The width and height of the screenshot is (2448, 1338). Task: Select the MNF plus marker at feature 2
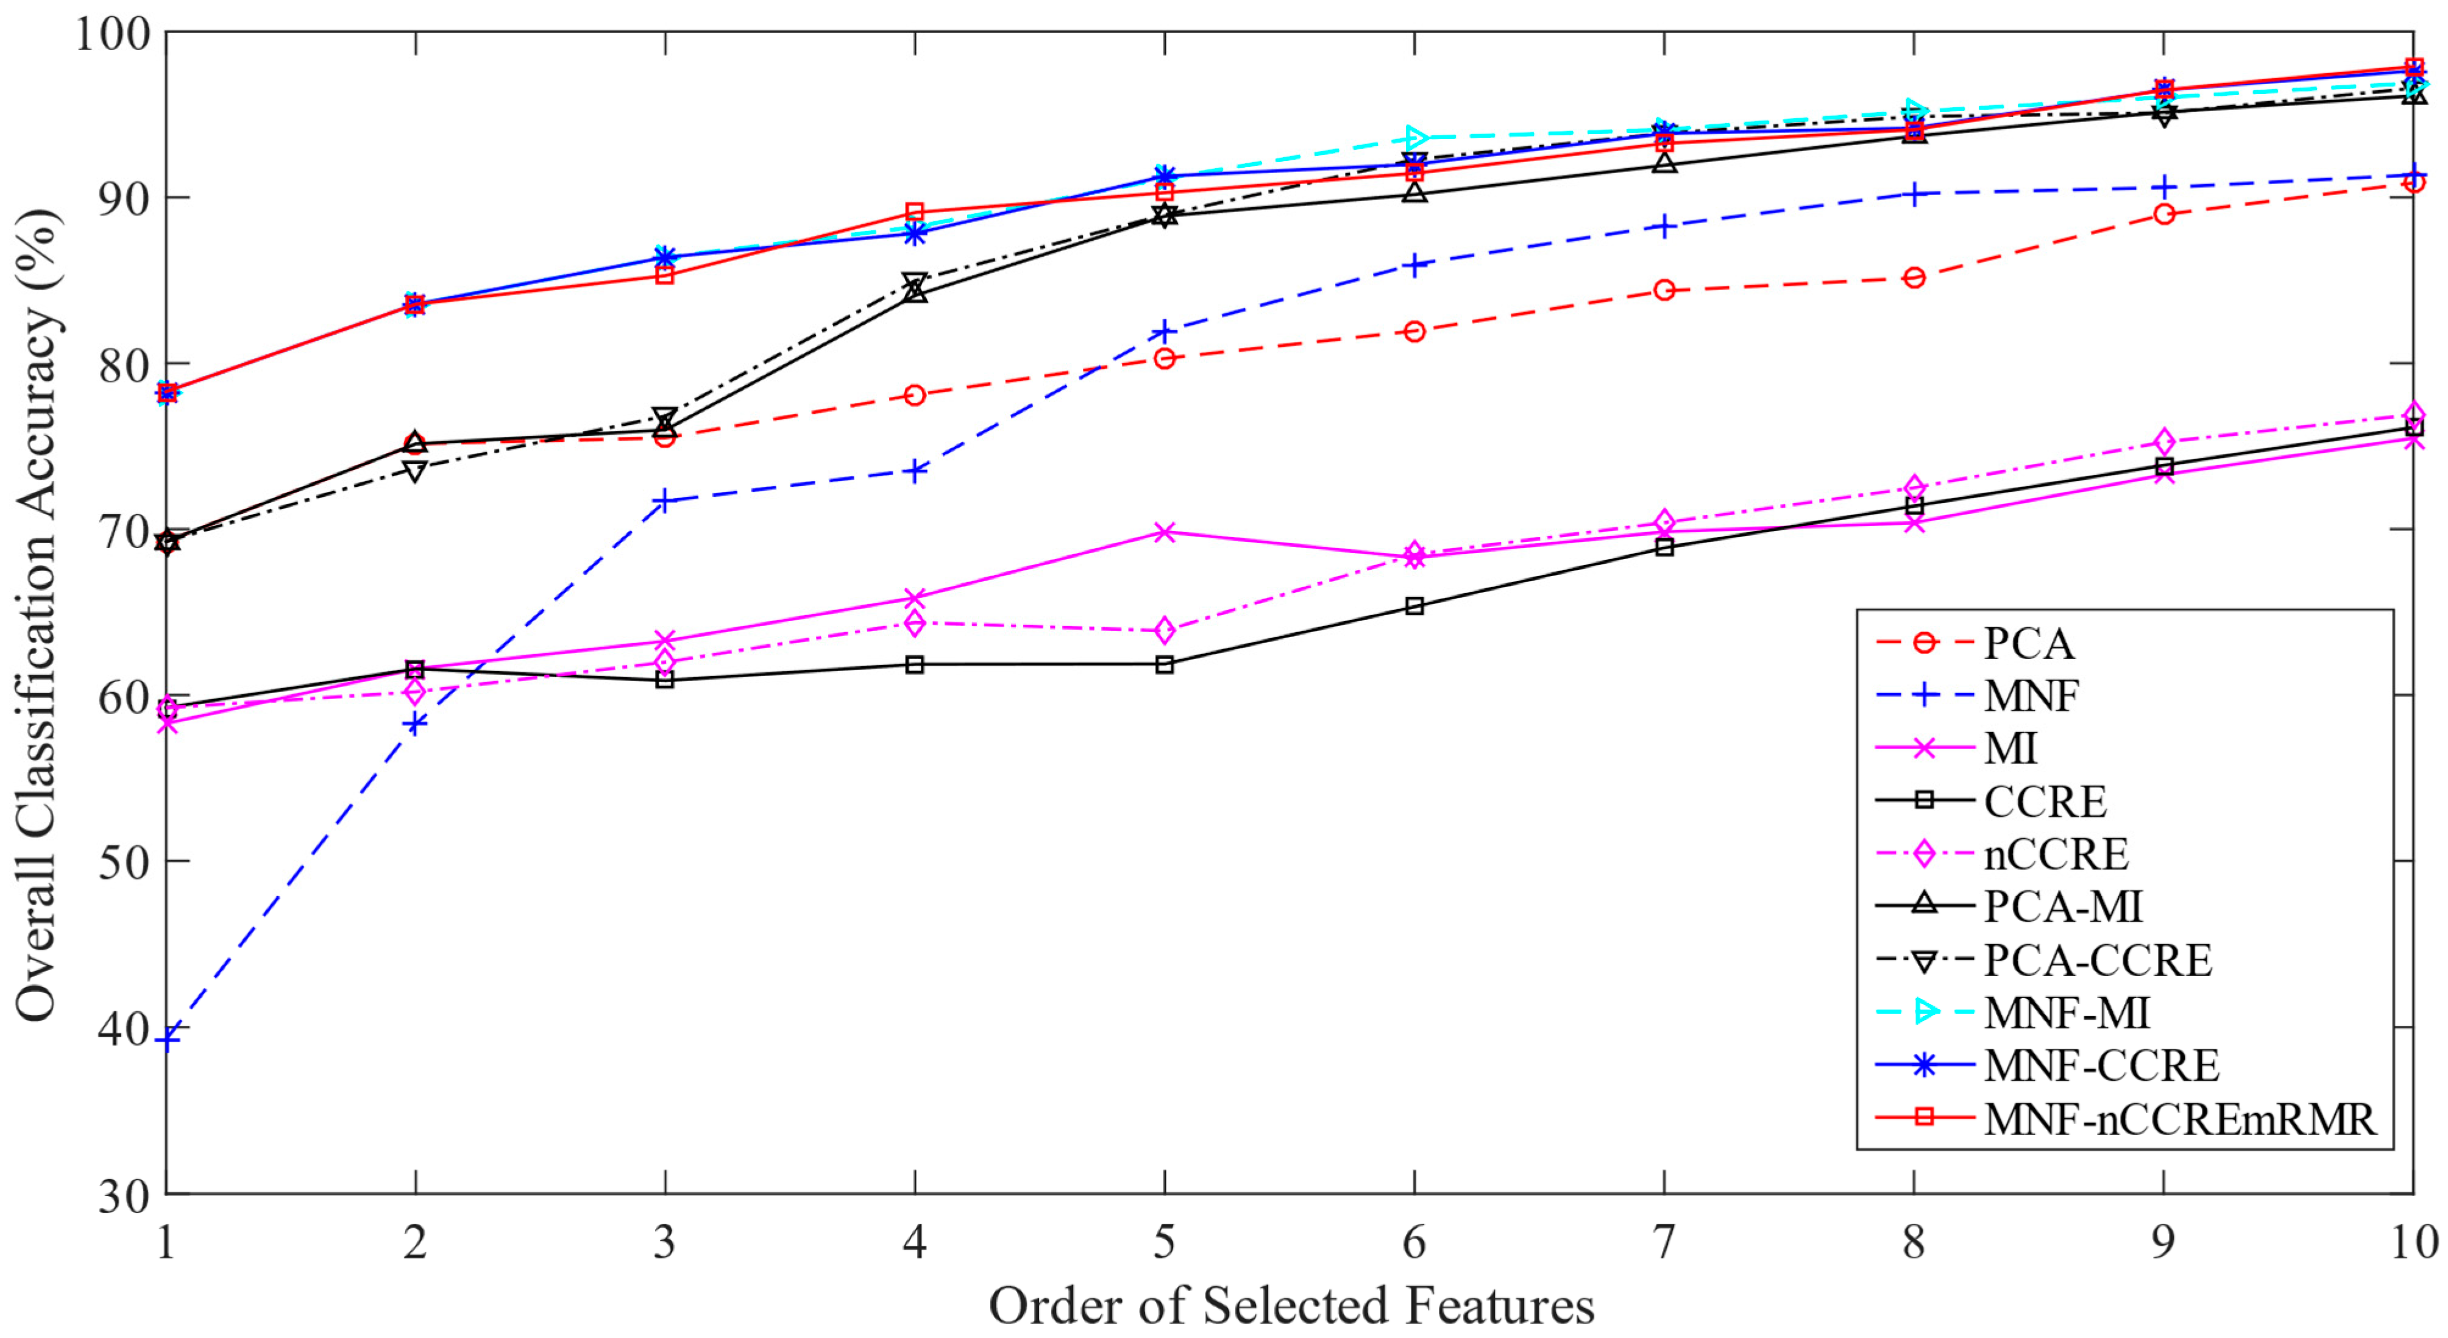[415, 723]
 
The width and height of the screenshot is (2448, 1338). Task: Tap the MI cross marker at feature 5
[1164, 531]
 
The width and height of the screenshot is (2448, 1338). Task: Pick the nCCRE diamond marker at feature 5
[1164, 631]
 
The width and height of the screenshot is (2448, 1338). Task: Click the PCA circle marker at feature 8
[1914, 277]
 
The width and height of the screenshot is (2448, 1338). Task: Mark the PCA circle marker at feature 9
[2164, 214]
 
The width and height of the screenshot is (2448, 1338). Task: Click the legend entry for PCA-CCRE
[2098, 961]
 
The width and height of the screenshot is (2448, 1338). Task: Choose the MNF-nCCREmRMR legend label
[2179, 1119]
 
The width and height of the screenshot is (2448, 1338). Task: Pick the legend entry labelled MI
[2010, 749]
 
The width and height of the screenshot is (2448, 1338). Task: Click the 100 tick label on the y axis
[112, 34]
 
